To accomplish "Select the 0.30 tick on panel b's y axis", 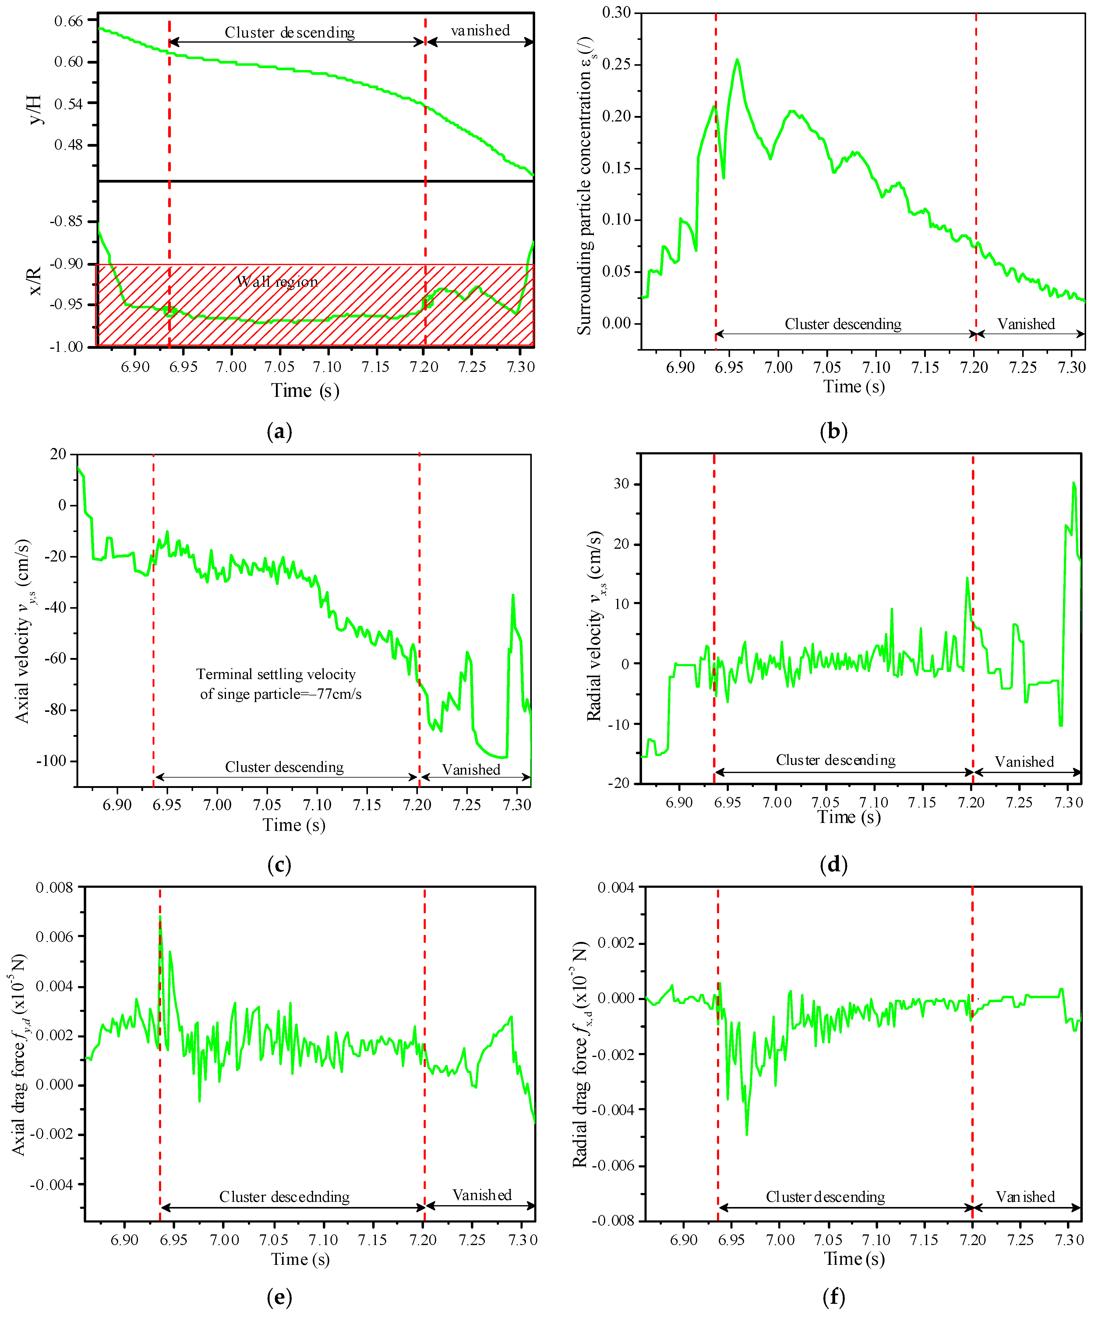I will point(616,12).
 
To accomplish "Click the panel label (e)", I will point(279,1296).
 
